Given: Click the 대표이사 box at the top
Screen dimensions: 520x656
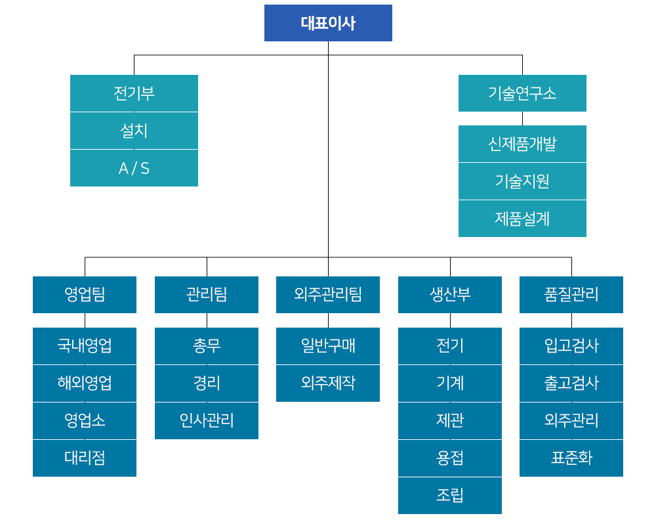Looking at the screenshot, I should click(328, 23).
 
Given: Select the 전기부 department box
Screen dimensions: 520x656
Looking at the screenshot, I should click(134, 93).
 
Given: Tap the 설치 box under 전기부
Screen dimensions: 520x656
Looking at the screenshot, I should click(134, 131).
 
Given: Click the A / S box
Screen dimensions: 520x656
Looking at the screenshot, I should click(134, 168).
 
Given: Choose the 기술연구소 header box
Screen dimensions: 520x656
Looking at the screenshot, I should click(522, 93).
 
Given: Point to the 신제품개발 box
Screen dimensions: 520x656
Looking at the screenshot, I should click(522, 143).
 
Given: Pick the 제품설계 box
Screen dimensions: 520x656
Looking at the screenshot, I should click(522, 219).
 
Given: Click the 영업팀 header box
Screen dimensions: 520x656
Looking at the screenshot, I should click(85, 294).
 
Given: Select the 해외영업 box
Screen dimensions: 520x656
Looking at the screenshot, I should click(85, 383).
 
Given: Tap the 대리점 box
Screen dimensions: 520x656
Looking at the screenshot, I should click(85, 458).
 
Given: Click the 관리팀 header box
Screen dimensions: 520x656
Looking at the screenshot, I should click(207, 294).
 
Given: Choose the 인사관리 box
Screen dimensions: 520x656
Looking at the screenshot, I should click(207, 420).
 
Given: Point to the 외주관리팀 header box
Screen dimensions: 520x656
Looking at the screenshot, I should click(328, 294).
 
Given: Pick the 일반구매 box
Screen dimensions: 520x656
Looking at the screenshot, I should click(328, 345).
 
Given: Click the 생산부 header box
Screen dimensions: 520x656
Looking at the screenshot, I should click(450, 294).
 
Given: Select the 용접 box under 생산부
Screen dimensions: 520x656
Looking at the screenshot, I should click(450, 458).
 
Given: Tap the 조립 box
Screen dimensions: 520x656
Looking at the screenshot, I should click(450, 495).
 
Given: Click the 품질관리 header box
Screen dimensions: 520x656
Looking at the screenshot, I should click(571, 294).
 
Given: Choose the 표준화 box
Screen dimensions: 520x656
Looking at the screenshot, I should click(571, 458).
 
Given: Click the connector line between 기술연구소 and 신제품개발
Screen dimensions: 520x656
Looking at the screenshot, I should click(522, 118).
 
